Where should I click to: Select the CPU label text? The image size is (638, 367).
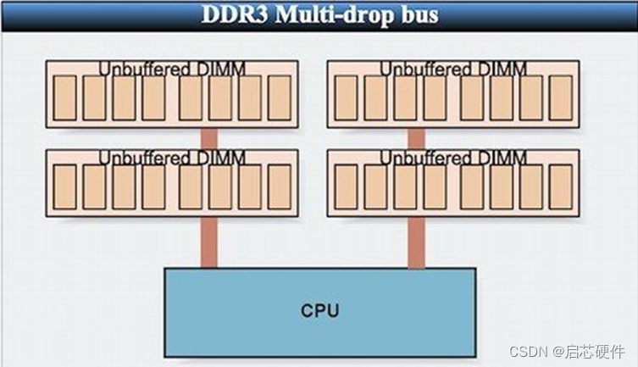(319, 310)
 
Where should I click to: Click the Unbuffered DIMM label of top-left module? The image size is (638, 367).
(172, 69)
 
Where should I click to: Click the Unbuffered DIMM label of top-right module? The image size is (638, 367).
(453, 69)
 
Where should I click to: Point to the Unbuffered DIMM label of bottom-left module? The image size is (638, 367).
(172, 158)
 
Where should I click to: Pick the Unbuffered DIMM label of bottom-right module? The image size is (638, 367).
(453, 158)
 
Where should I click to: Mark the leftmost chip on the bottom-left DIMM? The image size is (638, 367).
(65, 186)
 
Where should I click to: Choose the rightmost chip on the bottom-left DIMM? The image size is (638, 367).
(280, 186)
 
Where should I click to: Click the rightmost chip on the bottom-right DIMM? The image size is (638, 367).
(561, 186)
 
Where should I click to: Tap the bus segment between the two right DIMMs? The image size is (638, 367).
(415, 138)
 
